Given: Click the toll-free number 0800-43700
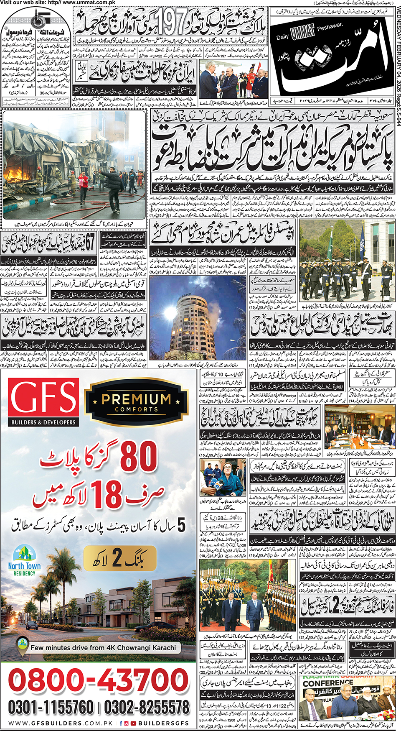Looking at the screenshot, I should [99, 680].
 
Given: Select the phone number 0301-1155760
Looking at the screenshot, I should [51, 708].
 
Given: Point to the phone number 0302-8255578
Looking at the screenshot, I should [147, 708].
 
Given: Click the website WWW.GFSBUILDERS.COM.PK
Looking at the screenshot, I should [61, 723].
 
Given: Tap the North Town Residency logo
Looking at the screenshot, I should [24, 560].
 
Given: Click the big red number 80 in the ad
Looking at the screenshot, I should [139, 456].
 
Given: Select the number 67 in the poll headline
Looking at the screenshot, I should [89, 242].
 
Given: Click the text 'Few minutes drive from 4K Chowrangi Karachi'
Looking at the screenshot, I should [103, 647].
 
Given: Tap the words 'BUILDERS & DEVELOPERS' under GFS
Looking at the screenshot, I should [43, 422].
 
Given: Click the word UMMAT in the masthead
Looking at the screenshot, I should [303, 33].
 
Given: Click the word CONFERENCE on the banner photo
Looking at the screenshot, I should [327, 683].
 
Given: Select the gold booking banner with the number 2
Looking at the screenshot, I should [120, 558].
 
